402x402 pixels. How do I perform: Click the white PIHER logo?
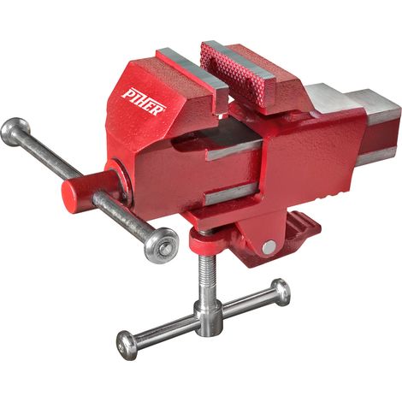144,102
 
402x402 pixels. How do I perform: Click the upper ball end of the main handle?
15,132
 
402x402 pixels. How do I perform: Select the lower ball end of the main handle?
161,245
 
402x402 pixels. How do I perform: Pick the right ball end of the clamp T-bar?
281,293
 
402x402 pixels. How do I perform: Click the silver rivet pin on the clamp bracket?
269,247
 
